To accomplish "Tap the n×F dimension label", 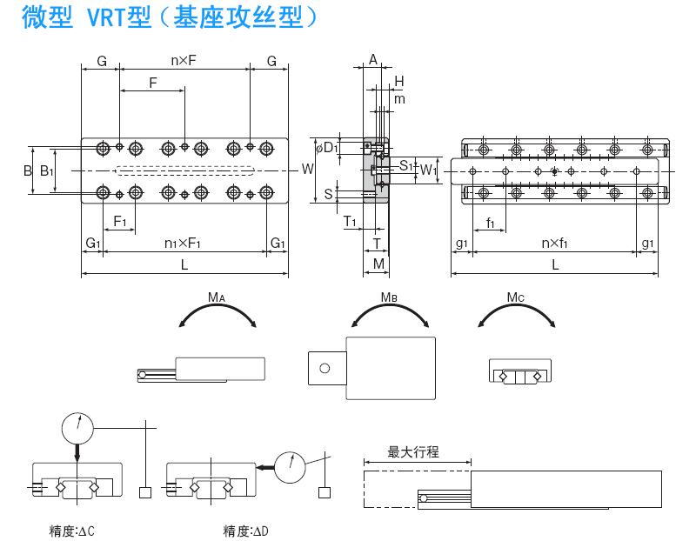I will [184, 61].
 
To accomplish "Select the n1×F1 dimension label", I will [183, 243].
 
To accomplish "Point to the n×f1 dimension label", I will [554, 243].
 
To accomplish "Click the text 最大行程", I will [413, 452].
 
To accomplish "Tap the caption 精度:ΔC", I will [72, 531].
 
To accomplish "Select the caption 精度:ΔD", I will [246, 531].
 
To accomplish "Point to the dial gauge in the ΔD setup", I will [291, 467].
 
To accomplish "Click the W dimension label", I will [307, 169].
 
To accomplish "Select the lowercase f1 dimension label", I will [492, 224].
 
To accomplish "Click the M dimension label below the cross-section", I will [378, 263].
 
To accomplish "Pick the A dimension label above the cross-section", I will [373, 60].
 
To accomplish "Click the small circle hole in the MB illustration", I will [325, 368].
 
